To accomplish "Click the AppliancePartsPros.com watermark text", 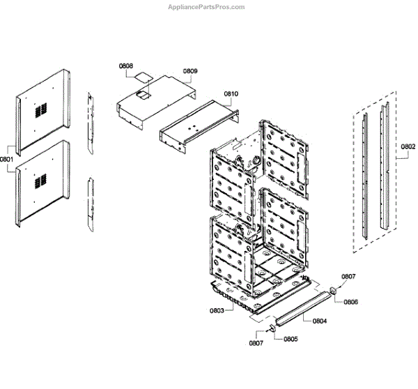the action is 207,7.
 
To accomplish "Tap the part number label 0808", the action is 126,66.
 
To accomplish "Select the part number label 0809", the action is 190,71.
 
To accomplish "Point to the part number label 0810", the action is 231,93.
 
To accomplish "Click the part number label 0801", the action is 7,159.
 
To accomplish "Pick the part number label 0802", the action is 408,147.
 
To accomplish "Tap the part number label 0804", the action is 320,321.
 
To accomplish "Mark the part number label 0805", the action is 290,340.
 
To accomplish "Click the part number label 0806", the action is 350,302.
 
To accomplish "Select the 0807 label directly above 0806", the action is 348,277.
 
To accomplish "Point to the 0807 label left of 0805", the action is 258,342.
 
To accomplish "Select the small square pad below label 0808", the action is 144,75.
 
